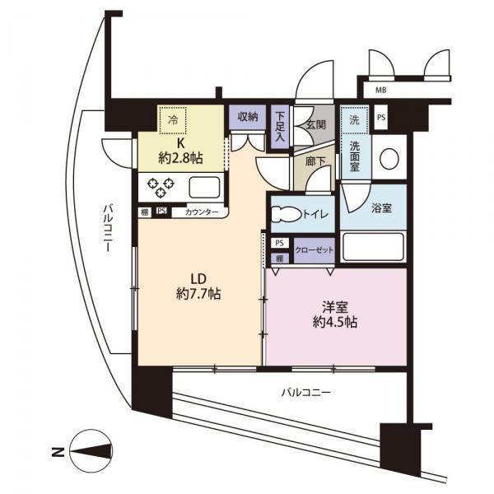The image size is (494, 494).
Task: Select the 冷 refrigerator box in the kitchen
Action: (173, 120)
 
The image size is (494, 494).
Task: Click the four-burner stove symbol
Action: (161, 185)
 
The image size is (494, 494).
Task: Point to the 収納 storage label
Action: (247, 118)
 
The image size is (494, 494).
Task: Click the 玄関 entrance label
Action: (316, 126)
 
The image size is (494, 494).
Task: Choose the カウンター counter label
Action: (202, 212)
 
